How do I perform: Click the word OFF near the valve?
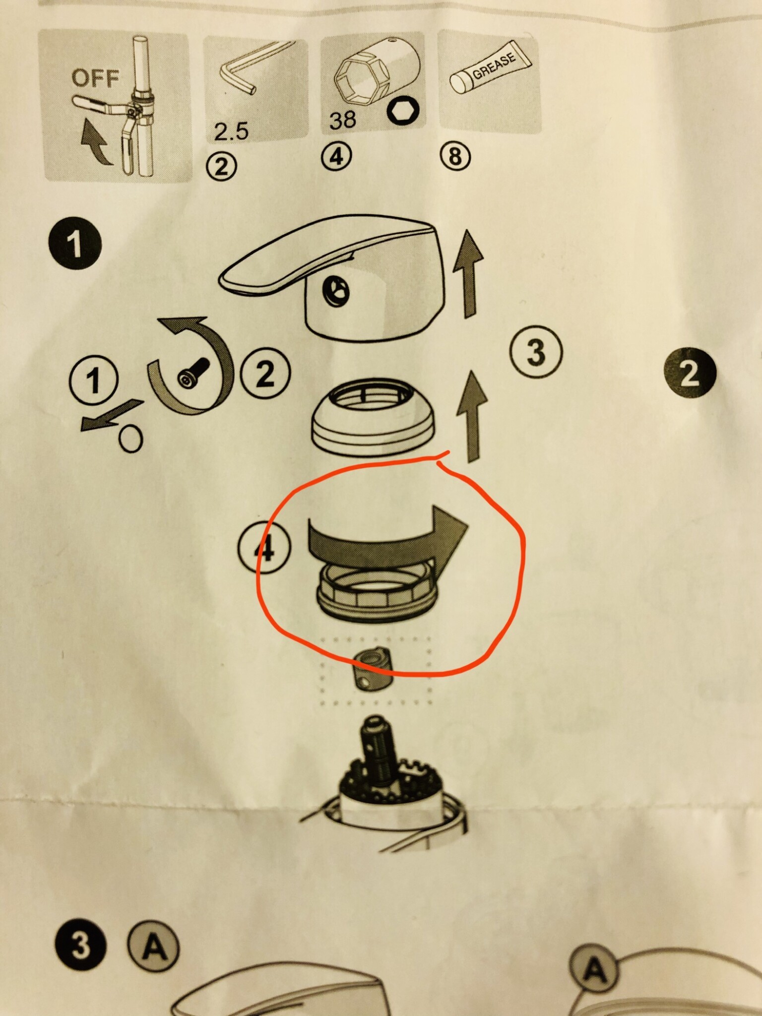[x=95, y=78]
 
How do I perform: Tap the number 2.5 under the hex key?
[x=231, y=132]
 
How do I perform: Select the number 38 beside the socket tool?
[x=342, y=120]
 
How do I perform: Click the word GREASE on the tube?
[x=494, y=65]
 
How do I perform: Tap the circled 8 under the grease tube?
[x=454, y=157]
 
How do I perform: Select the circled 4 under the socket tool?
[x=336, y=157]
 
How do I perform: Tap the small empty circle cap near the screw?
[x=130, y=438]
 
